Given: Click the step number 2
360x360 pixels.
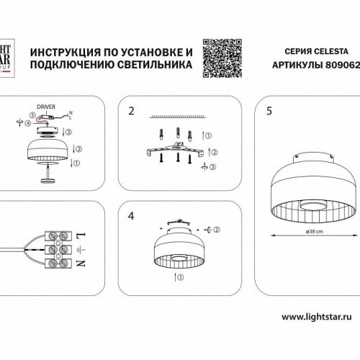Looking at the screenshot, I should (130, 111).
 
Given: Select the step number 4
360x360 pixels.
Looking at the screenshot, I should (130, 214).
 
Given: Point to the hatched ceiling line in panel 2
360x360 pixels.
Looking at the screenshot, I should (177, 116).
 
